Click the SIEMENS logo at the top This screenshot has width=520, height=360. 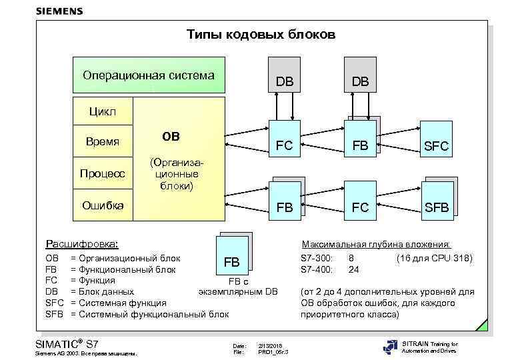(59, 11)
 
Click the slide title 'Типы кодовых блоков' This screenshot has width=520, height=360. (261, 34)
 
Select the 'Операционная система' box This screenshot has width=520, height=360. (148, 75)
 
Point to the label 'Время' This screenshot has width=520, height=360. (103, 141)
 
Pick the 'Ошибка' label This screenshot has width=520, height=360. (102, 205)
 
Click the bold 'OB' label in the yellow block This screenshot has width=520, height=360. (171, 137)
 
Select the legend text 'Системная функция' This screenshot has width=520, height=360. (123, 303)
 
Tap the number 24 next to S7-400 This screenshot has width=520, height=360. (354, 269)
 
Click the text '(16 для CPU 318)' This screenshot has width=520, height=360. (434, 257)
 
